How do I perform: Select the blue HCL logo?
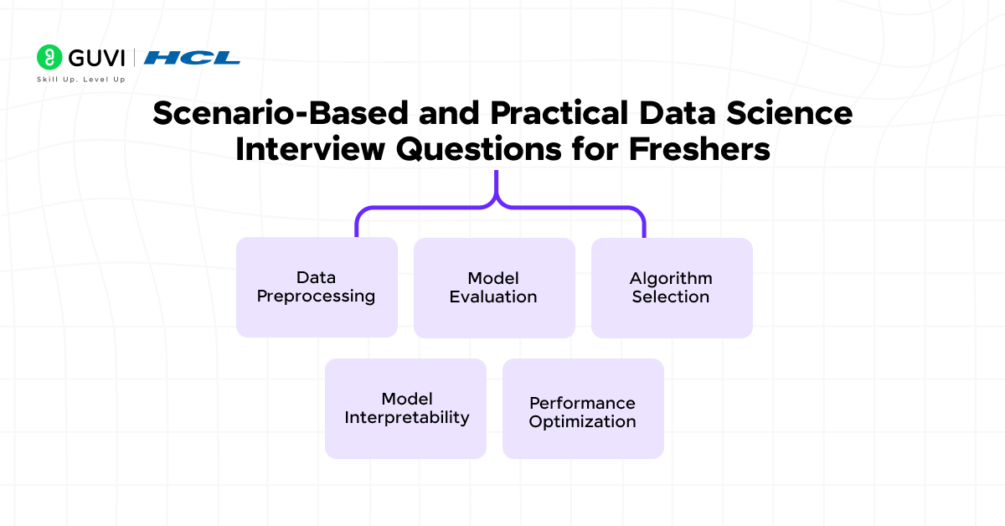(192, 58)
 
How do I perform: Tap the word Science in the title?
(793, 114)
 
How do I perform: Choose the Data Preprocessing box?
(317, 287)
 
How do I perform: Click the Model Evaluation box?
(494, 287)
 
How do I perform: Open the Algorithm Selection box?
(672, 287)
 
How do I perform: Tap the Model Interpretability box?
(405, 409)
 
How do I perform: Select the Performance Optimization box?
(583, 409)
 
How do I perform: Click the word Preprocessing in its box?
(317, 297)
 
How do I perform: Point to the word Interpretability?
(407, 418)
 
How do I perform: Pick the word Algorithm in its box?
(672, 278)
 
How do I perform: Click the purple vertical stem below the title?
(497, 184)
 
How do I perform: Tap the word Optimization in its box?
(583, 422)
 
